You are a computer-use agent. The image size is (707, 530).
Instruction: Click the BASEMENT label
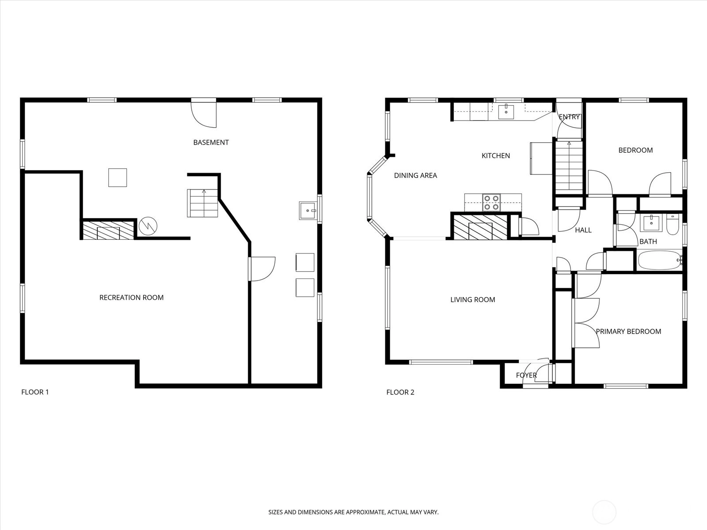point(211,142)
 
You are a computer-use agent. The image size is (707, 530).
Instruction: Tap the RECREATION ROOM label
point(131,297)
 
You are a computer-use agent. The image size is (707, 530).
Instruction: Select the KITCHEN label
point(496,156)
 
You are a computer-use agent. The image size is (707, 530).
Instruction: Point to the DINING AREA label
point(415,175)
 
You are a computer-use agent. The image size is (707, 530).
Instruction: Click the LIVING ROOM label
point(472,299)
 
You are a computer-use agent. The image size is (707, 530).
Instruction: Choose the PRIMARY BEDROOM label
point(628,331)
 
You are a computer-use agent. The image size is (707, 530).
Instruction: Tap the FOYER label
point(526,375)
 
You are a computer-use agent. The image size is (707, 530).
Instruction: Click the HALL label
point(583,230)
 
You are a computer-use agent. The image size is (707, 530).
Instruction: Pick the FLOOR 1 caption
point(35,392)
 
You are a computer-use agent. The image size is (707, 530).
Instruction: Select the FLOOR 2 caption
point(400,392)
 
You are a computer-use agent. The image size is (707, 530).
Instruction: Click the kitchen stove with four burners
point(491,202)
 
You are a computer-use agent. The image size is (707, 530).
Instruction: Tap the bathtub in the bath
point(660,260)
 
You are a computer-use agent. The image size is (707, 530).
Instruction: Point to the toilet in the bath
point(672,224)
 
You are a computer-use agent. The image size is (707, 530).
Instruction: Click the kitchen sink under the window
point(506,111)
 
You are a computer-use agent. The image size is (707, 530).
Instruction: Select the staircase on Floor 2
point(569,168)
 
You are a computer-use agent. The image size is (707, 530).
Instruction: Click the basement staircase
point(202,203)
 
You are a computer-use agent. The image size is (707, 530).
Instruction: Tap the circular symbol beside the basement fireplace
point(148,226)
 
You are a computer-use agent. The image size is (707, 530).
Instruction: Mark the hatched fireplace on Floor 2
point(480,227)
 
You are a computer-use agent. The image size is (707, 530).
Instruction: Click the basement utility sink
point(308,211)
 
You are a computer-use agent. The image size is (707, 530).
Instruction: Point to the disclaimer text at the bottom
point(353,512)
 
